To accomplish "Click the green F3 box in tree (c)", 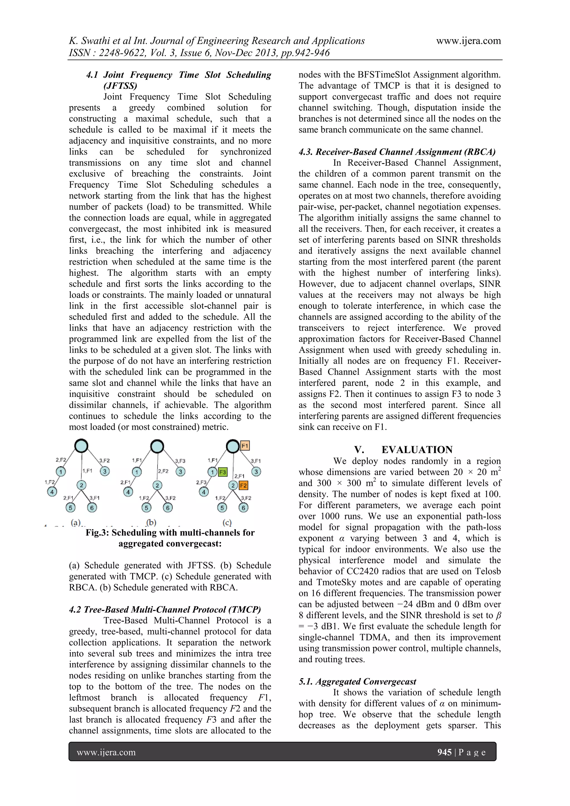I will click(223, 472).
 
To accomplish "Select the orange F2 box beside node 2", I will click(243, 485).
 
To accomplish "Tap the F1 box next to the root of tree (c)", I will click(245, 446).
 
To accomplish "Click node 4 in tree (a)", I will click(52, 492).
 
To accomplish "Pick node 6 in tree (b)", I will click(168, 508).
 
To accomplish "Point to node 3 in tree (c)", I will click(256, 471).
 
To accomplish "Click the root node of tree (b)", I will click(157, 446).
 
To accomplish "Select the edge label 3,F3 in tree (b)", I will click(180, 461).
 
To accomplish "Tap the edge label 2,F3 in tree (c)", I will click(201, 482).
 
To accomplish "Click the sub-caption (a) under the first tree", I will click(76, 522).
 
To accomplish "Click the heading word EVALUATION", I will click(417, 450).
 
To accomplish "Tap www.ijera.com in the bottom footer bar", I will click(106, 752).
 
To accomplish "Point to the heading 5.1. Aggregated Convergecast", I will click(357, 681).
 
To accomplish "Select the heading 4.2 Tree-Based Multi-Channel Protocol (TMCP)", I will click(165, 610).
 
